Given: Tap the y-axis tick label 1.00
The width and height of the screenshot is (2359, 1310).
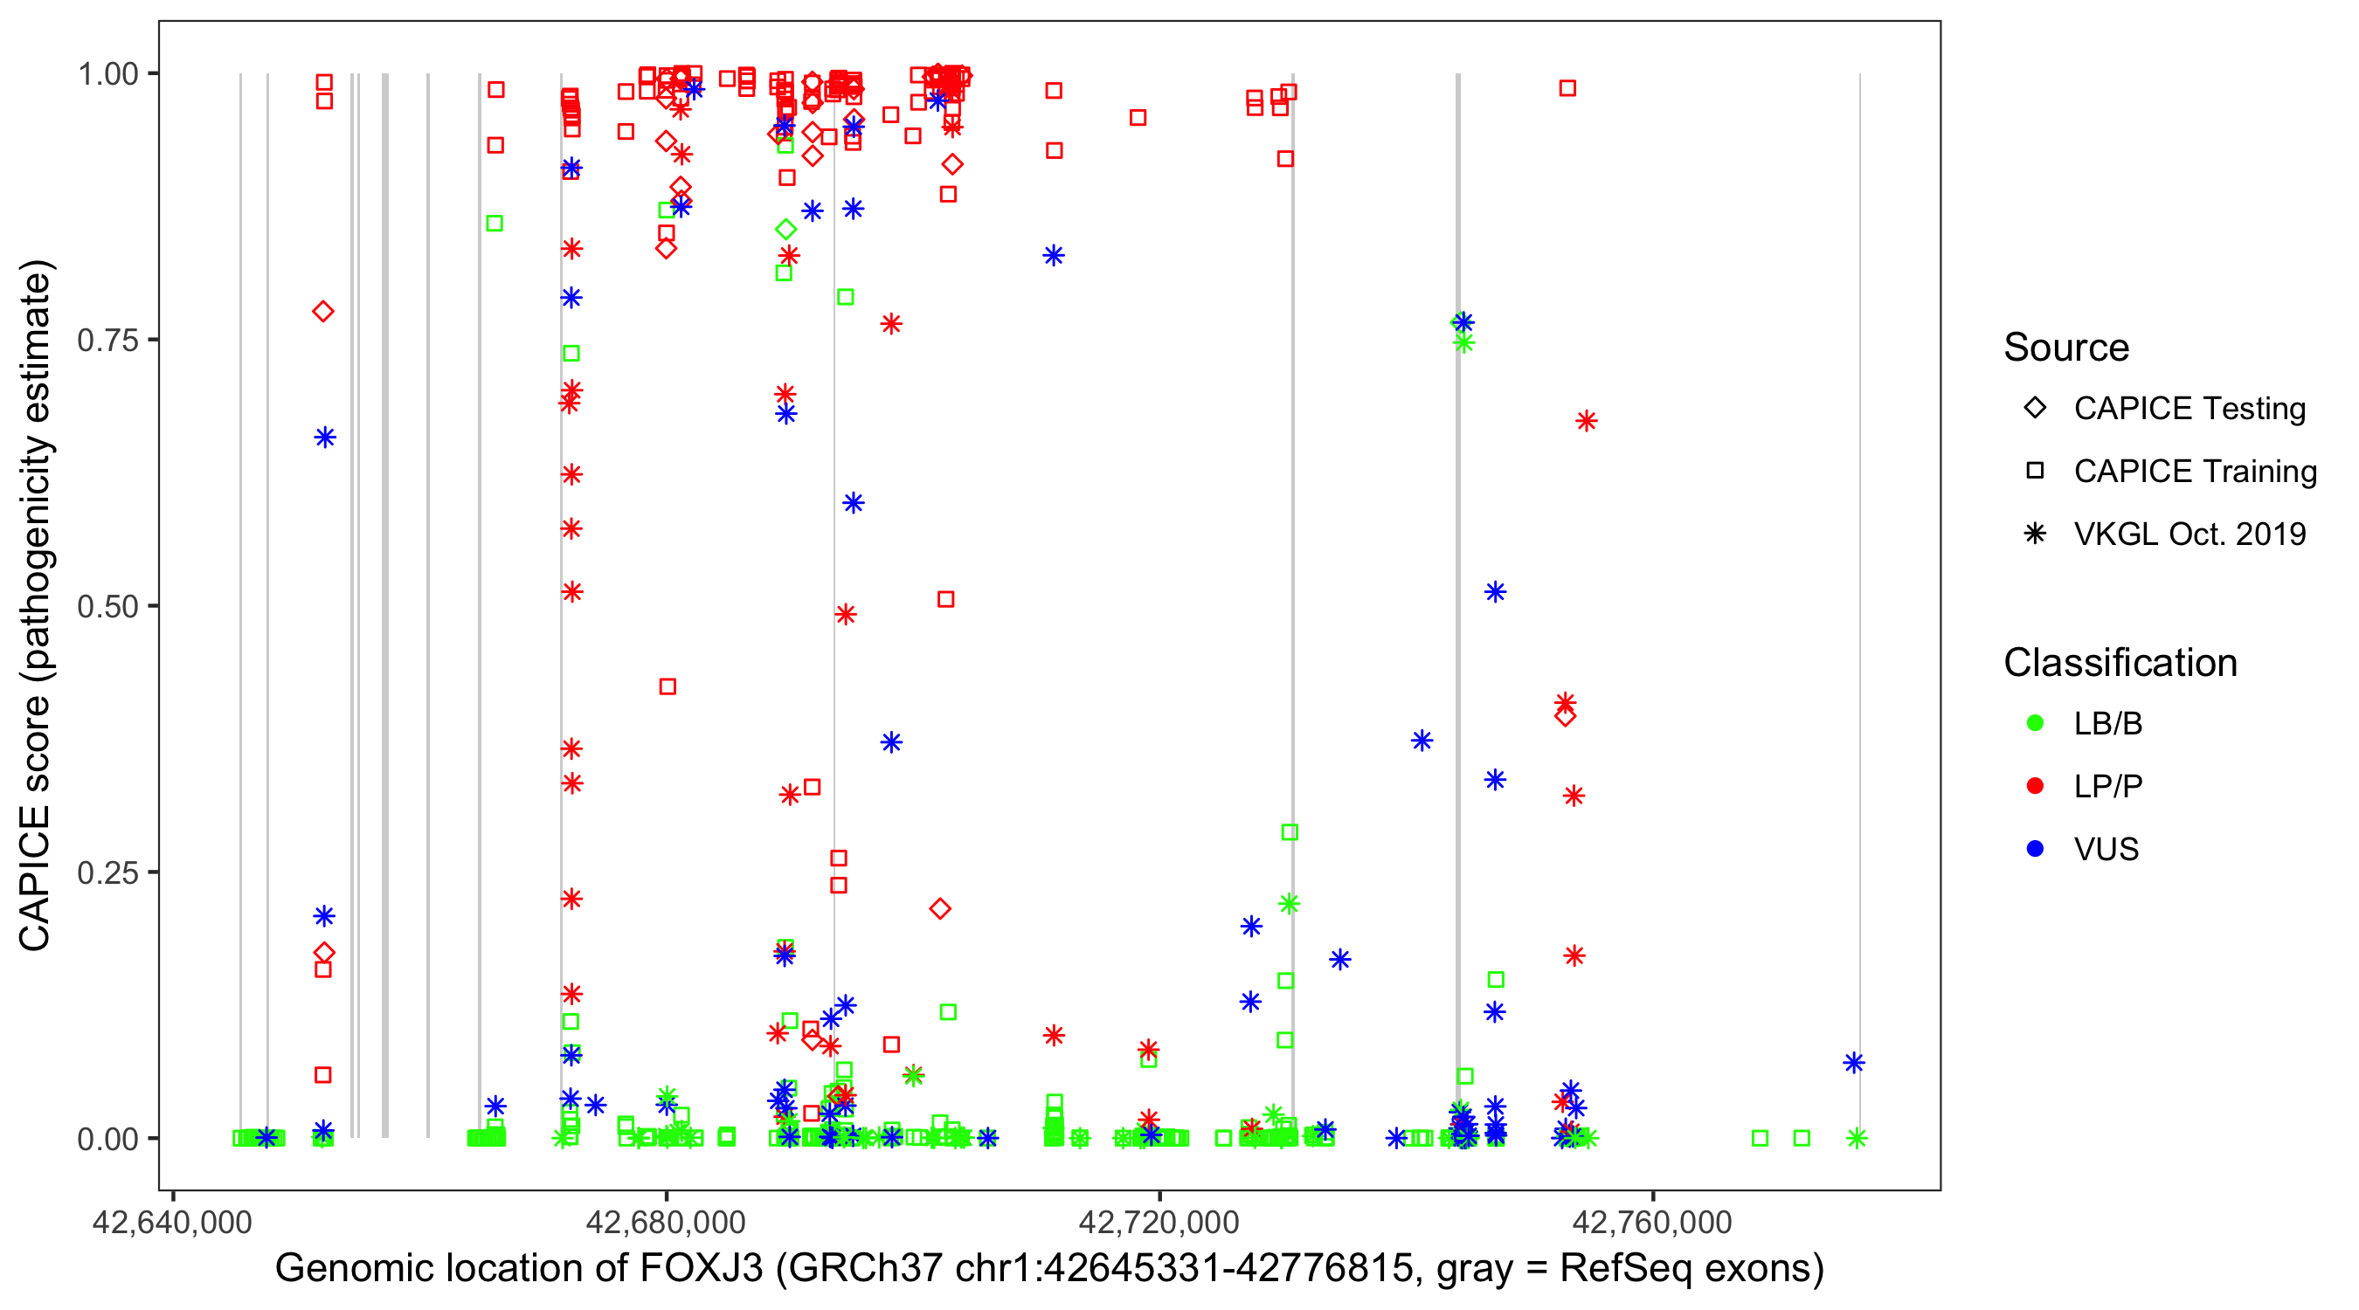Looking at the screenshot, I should pyautogui.click(x=107, y=73).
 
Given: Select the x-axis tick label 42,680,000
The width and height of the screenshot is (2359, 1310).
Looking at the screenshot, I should pyautogui.click(x=666, y=1222).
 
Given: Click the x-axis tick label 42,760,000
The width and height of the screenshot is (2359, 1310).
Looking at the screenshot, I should pyautogui.click(x=1653, y=1222).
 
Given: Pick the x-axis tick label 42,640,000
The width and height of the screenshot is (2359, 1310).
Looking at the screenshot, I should pyautogui.click(x=172, y=1222).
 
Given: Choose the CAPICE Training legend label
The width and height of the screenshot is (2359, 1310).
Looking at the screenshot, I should pyautogui.click(x=2195, y=472).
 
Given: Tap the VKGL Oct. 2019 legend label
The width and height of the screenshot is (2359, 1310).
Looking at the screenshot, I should pyautogui.click(x=2190, y=534).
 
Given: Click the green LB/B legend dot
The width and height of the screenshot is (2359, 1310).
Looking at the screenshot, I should pyautogui.click(x=2035, y=723).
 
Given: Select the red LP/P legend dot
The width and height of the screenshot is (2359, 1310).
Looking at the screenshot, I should pyautogui.click(x=2035, y=786).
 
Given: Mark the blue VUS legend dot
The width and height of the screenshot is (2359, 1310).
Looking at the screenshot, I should pyautogui.click(x=2035, y=850).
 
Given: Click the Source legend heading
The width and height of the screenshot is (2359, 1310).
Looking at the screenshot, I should pyautogui.click(x=2066, y=348).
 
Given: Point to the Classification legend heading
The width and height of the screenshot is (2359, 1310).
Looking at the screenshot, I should pyautogui.click(x=2120, y=663).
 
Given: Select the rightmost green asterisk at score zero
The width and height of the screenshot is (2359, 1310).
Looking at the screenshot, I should pyautogui.click(x=1857, y=1138).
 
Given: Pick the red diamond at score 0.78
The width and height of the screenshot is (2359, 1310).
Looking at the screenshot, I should pyautogui.click(x=322, y=312).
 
